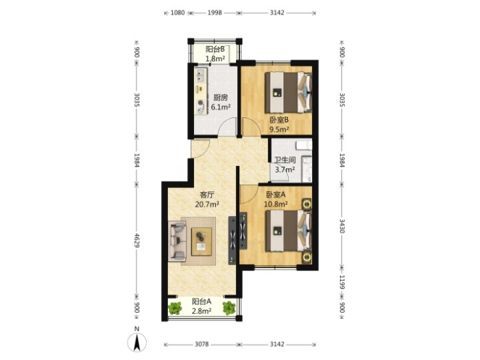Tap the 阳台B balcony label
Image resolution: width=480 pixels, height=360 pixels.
(215, 49)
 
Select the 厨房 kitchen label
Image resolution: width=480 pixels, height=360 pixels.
(220, 97)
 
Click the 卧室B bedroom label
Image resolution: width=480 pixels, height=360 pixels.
(279, 120)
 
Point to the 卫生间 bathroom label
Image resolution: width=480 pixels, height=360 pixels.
(285, 160)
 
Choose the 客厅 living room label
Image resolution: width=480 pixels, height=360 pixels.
(207, 195)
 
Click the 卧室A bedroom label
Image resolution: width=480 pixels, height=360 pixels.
(276, 194)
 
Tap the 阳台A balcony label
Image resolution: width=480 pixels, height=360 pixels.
(202, 302)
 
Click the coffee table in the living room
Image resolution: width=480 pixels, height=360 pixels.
(202, 241)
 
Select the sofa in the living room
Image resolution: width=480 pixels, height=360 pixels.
(177, 241)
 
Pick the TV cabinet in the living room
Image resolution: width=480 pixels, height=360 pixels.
(232, 240)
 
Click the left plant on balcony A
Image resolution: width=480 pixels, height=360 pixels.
(175, 308)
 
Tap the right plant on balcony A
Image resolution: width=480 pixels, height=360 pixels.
(229, 308)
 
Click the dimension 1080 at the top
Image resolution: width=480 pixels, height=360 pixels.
(178, 12)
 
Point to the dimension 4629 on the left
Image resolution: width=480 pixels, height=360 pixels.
(137, 241)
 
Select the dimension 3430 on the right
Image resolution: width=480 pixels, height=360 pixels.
(342, 226)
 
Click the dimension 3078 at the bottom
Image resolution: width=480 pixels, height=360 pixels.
(202, 344)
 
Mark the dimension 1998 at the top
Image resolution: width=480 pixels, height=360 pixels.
(215, 12)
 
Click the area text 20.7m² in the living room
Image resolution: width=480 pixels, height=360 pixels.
(207, 204)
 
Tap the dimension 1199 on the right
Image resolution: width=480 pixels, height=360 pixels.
(342, 282)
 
